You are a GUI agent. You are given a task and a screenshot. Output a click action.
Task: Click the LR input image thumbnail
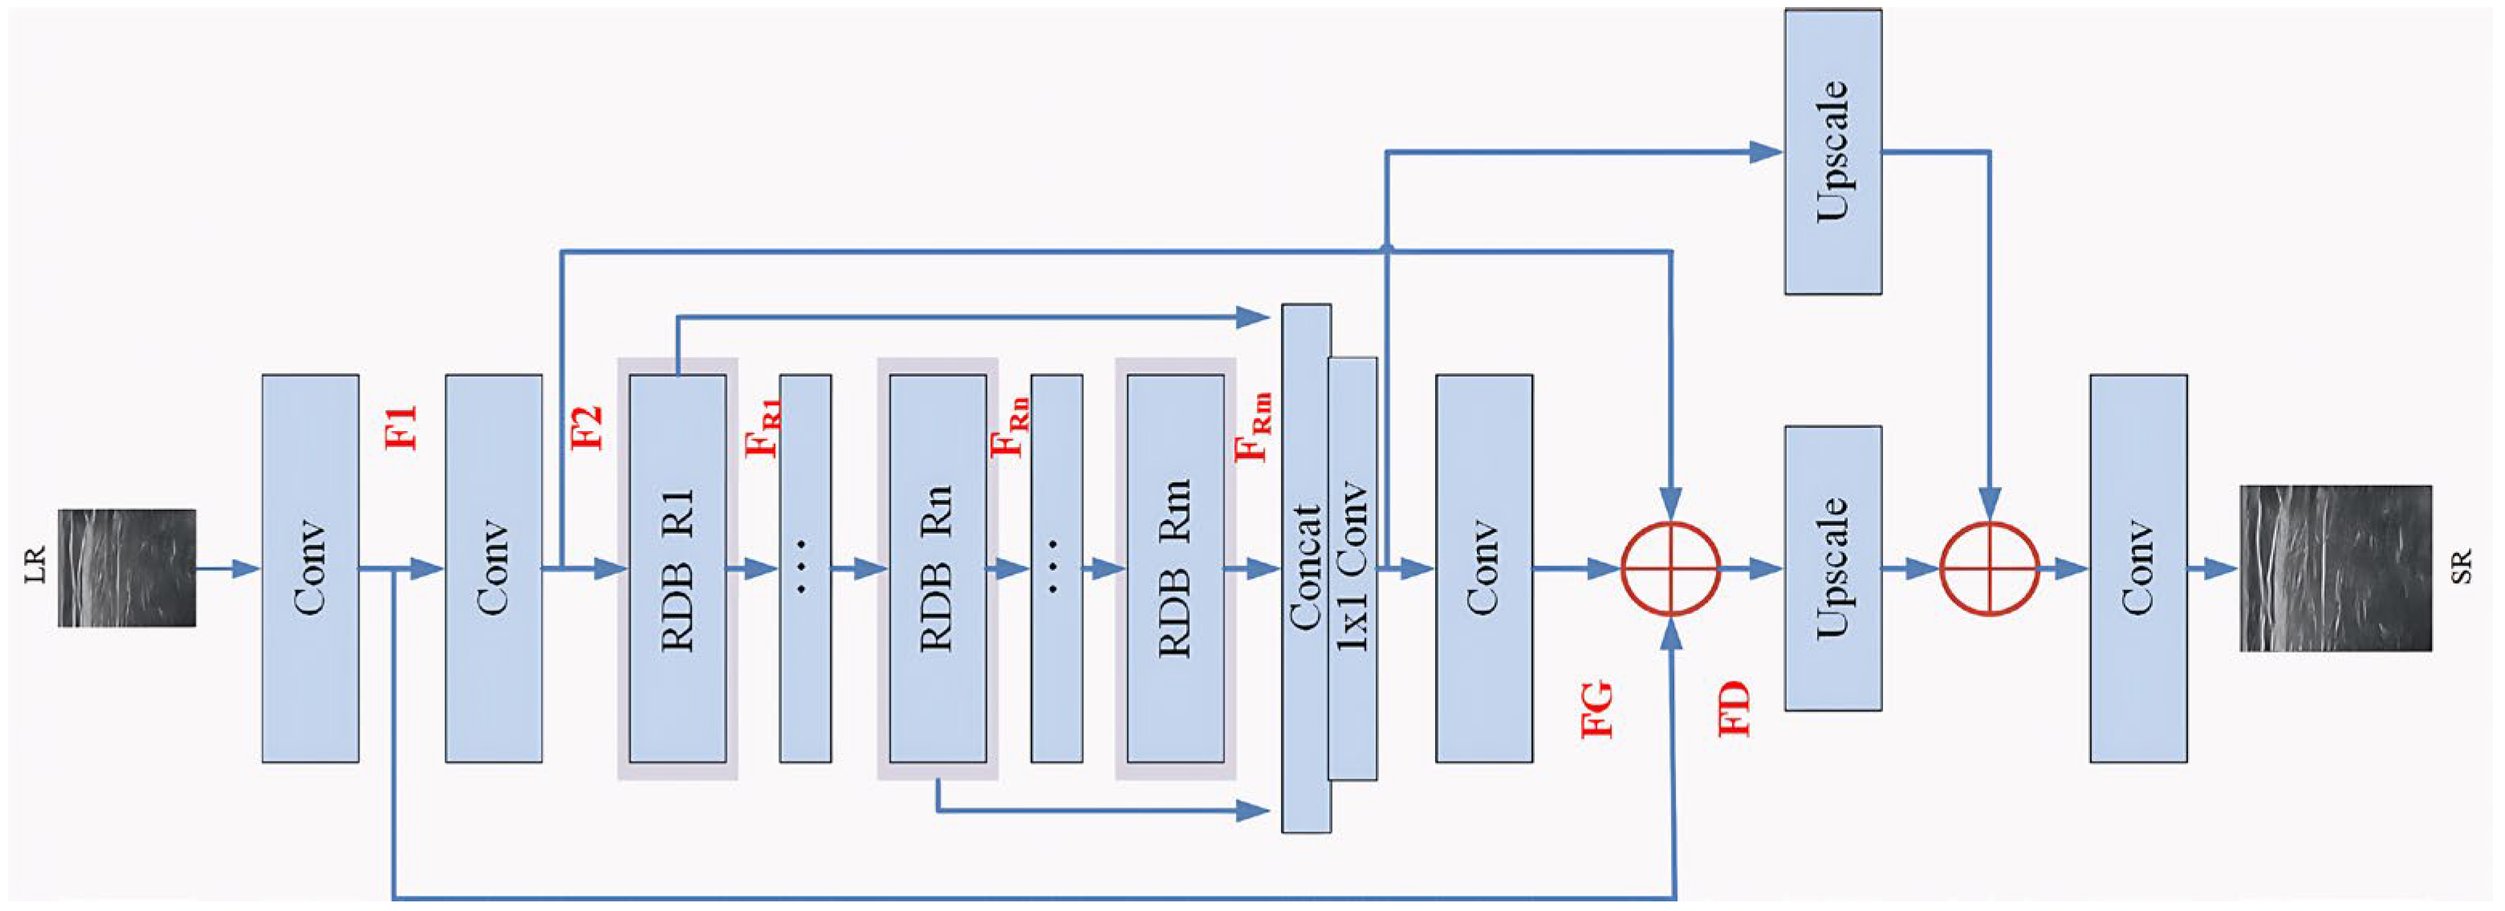127,567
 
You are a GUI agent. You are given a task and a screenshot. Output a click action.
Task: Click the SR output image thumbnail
2335,567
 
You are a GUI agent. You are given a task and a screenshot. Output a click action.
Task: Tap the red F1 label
401,428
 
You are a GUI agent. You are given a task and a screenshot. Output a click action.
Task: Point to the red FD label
1734,709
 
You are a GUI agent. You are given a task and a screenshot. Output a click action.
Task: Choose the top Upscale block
1833,152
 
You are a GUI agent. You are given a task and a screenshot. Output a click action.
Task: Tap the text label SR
2461,567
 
